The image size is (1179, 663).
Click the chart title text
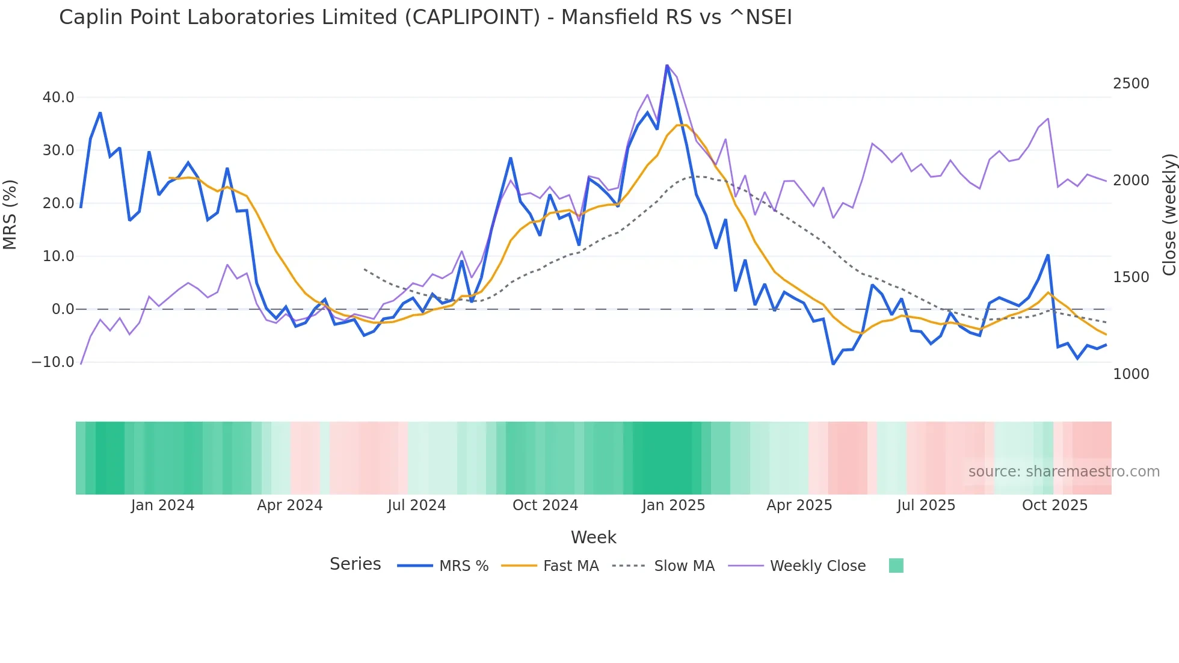click(x=425, y=17)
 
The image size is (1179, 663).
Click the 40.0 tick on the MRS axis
click(x=58, y=97)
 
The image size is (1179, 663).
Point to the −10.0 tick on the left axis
click(x=53, y=362)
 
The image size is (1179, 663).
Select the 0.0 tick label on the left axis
click(x=63, y=309)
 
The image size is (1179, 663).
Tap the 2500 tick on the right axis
click(x=1131, y=84)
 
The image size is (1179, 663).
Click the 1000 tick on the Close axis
click(x=1131, y=374)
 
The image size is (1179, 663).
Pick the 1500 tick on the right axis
click(x=1131, y=277)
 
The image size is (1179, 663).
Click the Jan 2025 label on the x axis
click(x=673, y=505)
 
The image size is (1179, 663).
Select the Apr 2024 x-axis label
click(x=290, y=505)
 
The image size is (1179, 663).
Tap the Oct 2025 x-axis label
click(x=1054, y=505)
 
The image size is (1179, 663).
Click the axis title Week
click(x=593, y=537)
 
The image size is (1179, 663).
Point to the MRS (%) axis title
click(x=10, y=214)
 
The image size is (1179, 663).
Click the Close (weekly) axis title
click(x=1169, y=214)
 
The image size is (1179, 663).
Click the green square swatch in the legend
click(x=896, y=566)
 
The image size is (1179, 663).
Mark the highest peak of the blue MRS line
click(x=667, y=65)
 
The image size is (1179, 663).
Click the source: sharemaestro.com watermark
click(x=1064, y=472)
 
